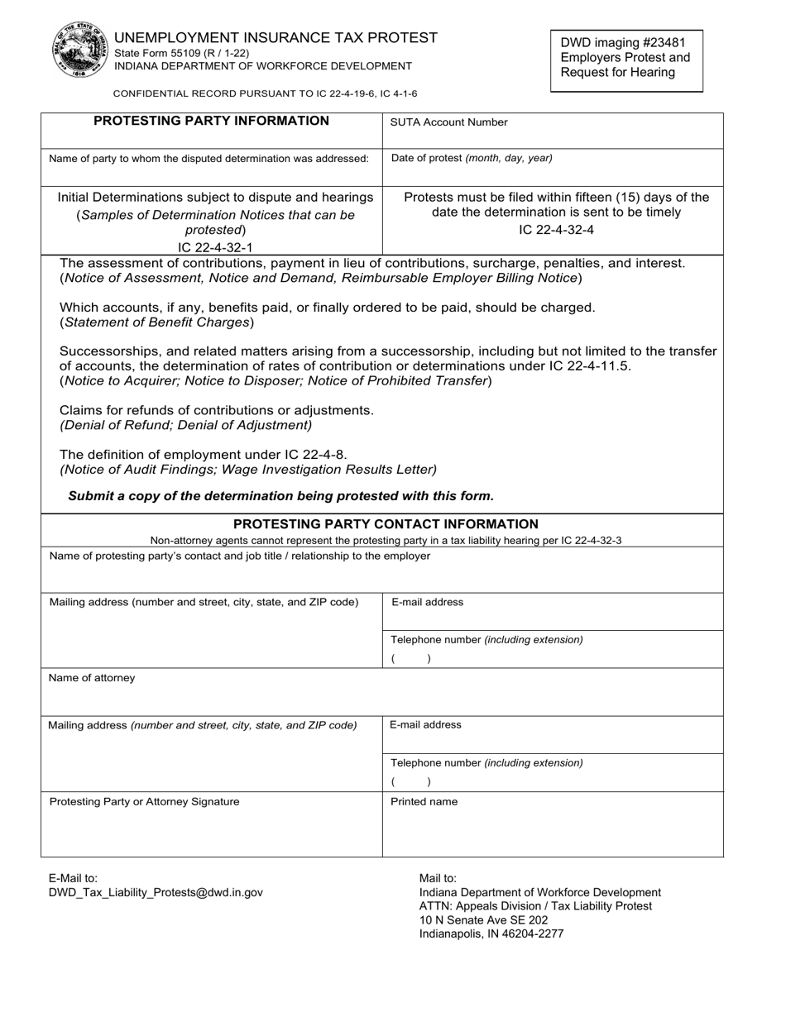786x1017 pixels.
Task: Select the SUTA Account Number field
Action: (553, 131)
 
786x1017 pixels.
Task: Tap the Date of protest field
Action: (553, 168)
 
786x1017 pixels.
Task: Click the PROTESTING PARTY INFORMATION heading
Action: (211, 122)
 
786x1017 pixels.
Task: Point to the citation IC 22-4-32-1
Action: (215, 247)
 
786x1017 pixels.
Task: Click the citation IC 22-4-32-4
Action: (556, 230)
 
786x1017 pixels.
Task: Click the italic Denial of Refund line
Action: (186, 426)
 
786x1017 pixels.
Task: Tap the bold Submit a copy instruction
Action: (280, 496)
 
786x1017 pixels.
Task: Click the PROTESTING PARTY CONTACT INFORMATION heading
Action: (386, 524)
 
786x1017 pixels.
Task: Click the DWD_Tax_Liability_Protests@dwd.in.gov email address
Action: (156, 893)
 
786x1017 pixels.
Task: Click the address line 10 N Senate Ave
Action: (483, 920)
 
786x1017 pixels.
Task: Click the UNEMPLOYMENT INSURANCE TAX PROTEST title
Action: (276, 37)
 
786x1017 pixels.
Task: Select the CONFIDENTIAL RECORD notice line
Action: (265, 94)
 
